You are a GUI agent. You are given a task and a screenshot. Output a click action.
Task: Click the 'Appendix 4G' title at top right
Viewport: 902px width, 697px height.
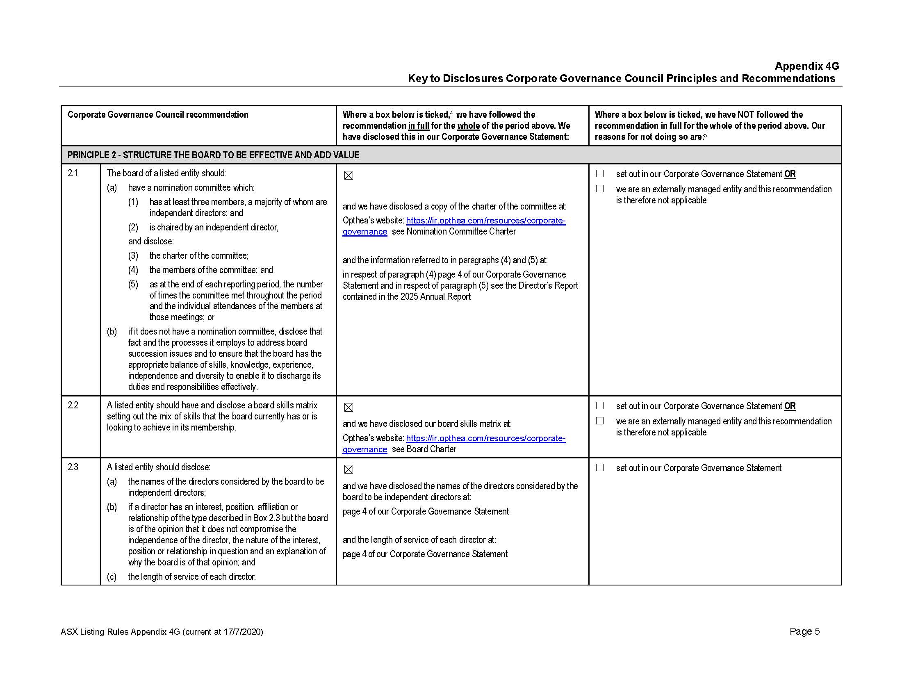(x=806, y=66)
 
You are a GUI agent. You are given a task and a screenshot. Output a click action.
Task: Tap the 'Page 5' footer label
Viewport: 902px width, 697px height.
(x=804, y=631)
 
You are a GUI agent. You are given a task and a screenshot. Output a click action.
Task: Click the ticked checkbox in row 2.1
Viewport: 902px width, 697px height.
(x=348, y=175)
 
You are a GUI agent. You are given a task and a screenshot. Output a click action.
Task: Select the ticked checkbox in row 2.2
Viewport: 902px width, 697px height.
(x=348, y=408)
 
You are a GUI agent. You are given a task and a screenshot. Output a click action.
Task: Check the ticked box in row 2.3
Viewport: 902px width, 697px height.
(x=348, y=469)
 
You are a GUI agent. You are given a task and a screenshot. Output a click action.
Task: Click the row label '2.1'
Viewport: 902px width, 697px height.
(x=73, y=173)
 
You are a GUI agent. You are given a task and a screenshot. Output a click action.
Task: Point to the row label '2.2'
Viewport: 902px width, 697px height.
(x=73, y=405)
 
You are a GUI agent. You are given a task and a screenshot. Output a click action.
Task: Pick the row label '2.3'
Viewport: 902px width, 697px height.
(x=73, y=467)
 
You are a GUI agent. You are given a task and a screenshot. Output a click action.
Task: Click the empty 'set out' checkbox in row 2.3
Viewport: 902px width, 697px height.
(x=600, y=467)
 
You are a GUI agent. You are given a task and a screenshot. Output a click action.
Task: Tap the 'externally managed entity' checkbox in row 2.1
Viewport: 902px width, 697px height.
(x=600, y=189)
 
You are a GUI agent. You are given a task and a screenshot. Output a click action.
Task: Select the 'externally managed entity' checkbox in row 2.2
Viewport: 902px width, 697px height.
(x=600, y=421)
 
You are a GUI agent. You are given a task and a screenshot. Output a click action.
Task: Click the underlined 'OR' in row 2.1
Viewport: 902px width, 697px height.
(x=790, y=174)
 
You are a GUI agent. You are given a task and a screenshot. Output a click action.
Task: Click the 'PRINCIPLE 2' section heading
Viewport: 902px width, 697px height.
(x=213, y=155)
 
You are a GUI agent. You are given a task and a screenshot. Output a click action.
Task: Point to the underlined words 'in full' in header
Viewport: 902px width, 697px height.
(x=418, y=126)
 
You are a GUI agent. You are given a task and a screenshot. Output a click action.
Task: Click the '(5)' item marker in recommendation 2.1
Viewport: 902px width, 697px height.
(x=133, y=285)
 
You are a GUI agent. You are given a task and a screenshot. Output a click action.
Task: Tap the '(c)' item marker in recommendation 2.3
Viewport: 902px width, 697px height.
(x=112, y=577)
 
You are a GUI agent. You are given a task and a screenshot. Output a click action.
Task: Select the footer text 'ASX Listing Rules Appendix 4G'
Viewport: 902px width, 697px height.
(x=120, y=632)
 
